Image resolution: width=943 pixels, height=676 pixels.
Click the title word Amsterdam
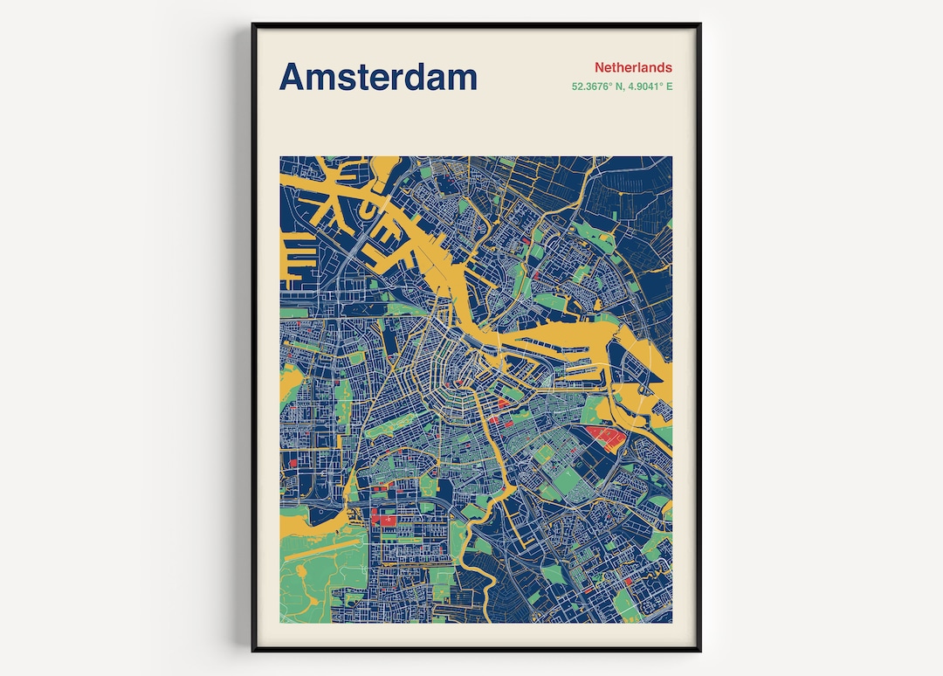pyautogui.click(x=378, y=77)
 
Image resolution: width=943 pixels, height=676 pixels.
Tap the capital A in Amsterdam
pyautogui.click(x=293, y=77)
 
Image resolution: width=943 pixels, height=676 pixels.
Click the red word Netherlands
pyautogui.click(x=633, y=67)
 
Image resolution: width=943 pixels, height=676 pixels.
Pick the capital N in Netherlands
pyautogui.click(x=601, y=67)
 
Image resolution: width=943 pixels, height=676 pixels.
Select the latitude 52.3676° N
pyautogui.click(x=596, y=86)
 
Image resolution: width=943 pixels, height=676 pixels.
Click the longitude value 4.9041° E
pyautogui.click(x=650, y=86)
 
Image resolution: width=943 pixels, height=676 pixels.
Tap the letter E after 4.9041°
pyautogui.click(x=670, y=86)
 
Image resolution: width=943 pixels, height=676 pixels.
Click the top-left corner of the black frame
pyautogui.click(x=253, y=25)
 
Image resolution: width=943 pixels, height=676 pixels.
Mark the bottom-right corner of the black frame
pyautogui.click(x=699, y=651)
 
